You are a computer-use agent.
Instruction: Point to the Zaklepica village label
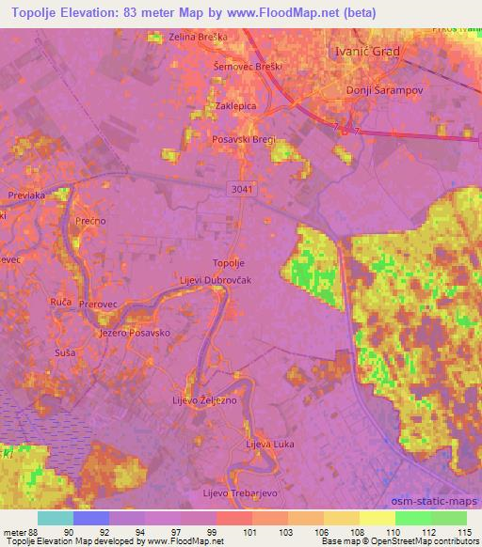[236, 107]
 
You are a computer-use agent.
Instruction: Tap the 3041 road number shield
[241, 190]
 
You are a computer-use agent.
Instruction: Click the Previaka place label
[27, 196]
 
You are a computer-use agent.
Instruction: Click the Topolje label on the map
[229, 263]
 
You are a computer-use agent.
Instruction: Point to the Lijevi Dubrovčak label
[216, 280]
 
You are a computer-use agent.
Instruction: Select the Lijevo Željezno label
[211, 400]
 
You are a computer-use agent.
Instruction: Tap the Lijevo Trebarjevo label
[238, 492]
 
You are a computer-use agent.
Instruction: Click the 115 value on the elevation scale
[466, 532]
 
